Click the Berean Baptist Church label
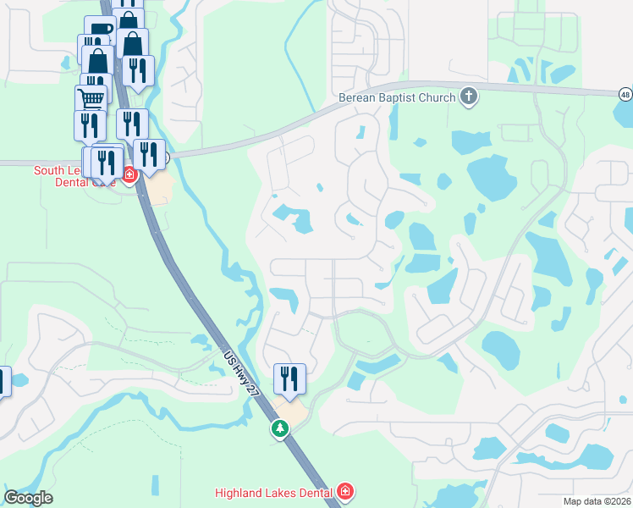(x=397, y=97)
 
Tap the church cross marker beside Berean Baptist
(x=469, y=97)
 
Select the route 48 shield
(x=625, y=93)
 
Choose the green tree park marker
(x=279, y=429)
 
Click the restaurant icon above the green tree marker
(x=289, y=378)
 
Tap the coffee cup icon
(x=102, y=31)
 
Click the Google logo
(x=29, y=498)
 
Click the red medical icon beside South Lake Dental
(x=129, y=176)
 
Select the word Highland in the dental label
(x=239, y=492)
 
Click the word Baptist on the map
(x=394, y=97)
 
